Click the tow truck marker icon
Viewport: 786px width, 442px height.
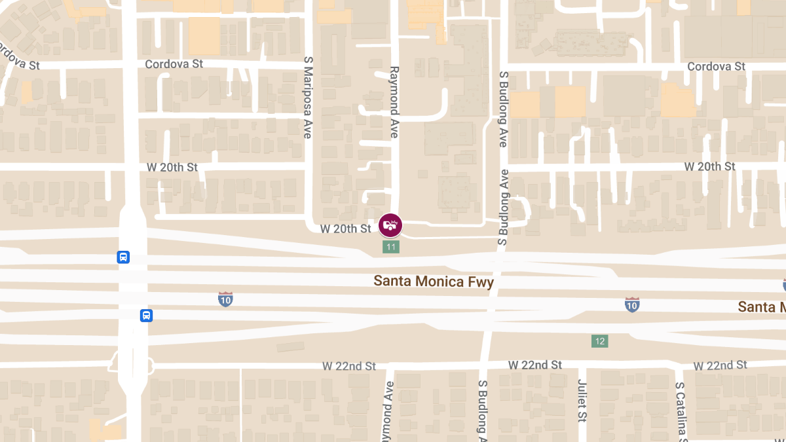coord(390,225)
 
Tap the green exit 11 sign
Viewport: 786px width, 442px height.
coord(391,247)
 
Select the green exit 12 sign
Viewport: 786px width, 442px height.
coord(599,341)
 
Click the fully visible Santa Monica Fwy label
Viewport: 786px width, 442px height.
coord(434,282)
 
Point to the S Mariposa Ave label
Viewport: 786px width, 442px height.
coord(307,97)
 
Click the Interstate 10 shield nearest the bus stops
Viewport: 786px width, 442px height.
coord(225,299)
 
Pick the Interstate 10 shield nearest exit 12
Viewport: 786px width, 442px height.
coord(631,304)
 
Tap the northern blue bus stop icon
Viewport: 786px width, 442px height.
coord(123,257)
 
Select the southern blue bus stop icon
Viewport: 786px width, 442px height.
coord(147,316)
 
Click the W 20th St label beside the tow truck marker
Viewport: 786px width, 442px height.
coord(346,229)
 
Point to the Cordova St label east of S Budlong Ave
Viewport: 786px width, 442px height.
coord(716,67)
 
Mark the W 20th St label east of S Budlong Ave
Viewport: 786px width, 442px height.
coord(710,167)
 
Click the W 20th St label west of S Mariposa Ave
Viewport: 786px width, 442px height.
coord(172,167)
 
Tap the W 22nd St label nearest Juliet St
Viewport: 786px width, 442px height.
coord(535,365)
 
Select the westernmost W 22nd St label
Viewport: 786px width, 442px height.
coord(349,366)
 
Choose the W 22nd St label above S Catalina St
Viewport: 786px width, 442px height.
coord(720,365)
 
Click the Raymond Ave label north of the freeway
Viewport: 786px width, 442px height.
coord(394,101)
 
